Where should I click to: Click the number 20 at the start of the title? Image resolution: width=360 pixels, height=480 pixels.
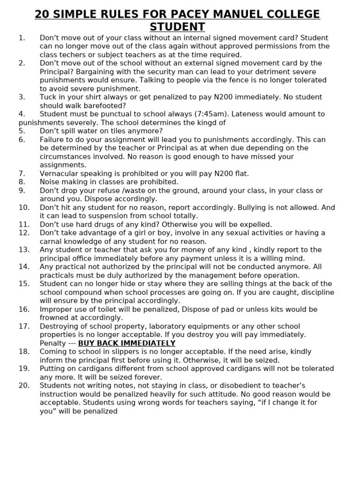pyautogui.click(x=43, y=14)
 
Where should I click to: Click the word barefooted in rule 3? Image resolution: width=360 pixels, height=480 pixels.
pyautogui.click(x=103, y=105)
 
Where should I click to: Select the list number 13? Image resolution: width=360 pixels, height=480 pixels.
pyautogui.click(x=24, y=250)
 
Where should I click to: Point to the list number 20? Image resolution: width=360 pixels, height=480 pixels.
pyautogui.click(x=24, y=385)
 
